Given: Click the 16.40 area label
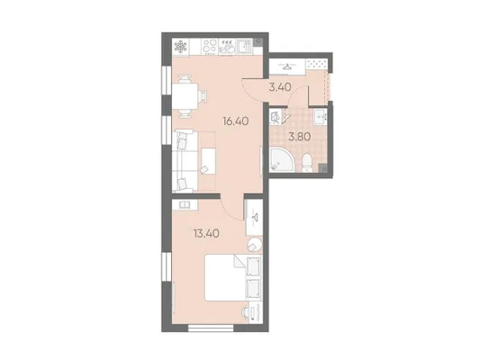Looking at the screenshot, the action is point(236,121).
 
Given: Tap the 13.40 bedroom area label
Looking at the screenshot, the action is point(206,234).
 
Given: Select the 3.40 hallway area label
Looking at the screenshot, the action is point(280,87).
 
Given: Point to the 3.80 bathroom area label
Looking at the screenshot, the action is point(300,137).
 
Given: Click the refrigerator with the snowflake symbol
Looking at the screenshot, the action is point(181,47).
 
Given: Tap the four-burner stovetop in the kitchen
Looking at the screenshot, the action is point(210,47).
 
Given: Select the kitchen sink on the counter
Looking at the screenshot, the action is point(244,47).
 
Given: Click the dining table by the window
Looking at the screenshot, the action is point(186,96).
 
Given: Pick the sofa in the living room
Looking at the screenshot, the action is point(183,161).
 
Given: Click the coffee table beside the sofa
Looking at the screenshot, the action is point(208,161).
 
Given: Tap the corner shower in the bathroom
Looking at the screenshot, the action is point(281,159).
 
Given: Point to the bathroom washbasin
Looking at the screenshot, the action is point(321,117).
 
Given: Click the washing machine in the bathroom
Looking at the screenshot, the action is point(276,117).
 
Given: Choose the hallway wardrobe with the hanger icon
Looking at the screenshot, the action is point(287,67).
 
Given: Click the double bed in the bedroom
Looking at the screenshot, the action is point(233,277).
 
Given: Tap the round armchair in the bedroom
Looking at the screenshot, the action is point(255,245).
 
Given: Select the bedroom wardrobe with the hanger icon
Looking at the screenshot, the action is point(254,217).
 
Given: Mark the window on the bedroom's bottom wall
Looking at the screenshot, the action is point(211,328).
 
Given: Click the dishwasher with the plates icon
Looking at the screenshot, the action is point(227,47).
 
